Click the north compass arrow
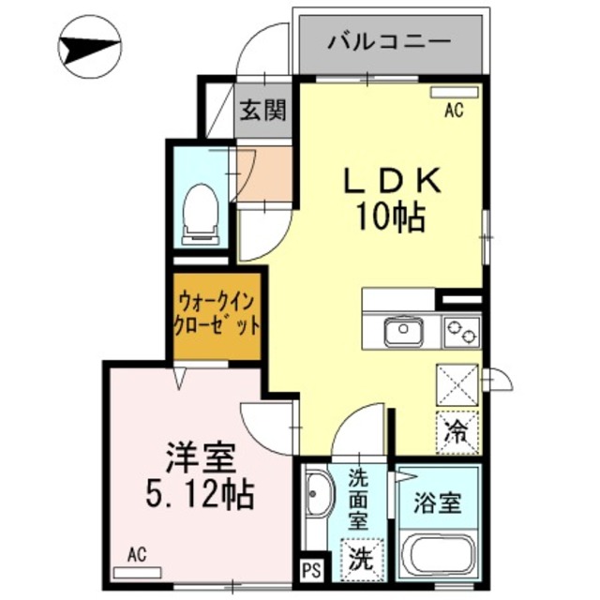click(x=89, y=47)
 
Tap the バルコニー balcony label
click(x=390, y=42)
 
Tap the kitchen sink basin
click(x=404, y=331)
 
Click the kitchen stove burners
click(x=460, y=331)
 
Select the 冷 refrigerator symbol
click(x=457, y=432)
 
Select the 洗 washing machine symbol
click(x=360, y=560)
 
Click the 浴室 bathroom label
click(x=438, y=502)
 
